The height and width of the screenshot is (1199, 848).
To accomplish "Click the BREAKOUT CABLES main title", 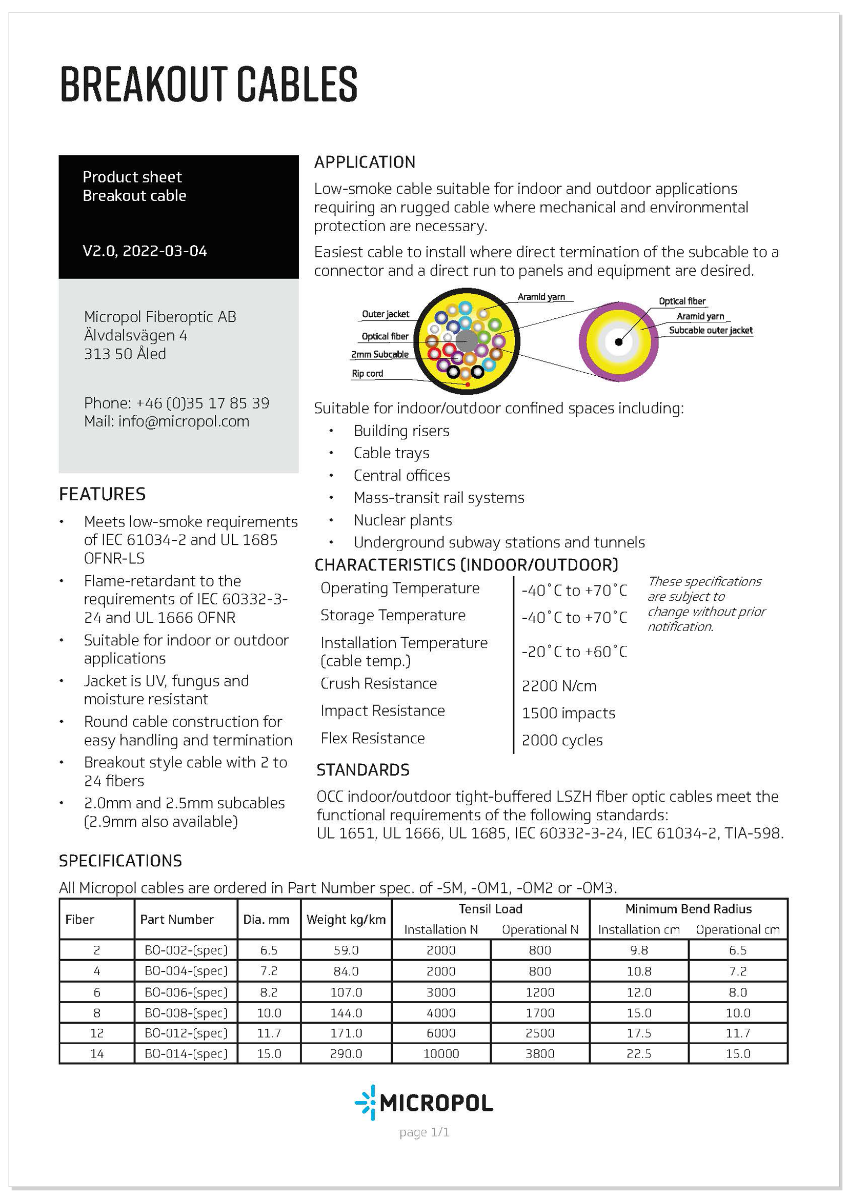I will coord(208,84).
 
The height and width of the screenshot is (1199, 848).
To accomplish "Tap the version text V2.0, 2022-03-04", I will coord(145,251).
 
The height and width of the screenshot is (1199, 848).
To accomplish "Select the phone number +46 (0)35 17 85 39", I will coord(203,403).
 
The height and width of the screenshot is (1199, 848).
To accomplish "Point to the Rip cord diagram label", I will coord(367,373).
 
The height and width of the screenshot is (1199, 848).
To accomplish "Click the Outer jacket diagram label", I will coord(386,314).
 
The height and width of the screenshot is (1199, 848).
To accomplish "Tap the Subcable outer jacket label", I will coord(710,330).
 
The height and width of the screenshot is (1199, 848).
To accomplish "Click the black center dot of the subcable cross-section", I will coord(618,342).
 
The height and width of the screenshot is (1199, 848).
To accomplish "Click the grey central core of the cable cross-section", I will coord(466,341).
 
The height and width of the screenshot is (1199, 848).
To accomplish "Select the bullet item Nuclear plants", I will coord(402,520).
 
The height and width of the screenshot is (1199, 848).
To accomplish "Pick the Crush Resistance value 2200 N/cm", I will coord(559,686).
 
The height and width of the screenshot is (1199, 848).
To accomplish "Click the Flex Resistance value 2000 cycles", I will coord(562,740).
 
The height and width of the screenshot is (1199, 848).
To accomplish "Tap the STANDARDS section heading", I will coord(363,770).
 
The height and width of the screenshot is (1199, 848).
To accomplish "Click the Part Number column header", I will coord(176,919).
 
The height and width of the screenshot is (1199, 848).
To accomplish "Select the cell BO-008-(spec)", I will coord(186,1012).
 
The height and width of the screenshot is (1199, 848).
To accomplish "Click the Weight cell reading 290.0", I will coord(346,1053).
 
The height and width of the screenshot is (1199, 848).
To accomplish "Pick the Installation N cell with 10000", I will coord(441,1053).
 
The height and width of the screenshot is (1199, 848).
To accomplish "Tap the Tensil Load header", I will coord(490,909).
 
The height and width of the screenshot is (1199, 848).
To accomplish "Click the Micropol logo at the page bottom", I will coord(423,1103).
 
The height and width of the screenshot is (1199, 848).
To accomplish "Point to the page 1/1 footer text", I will coord(424,1132).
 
